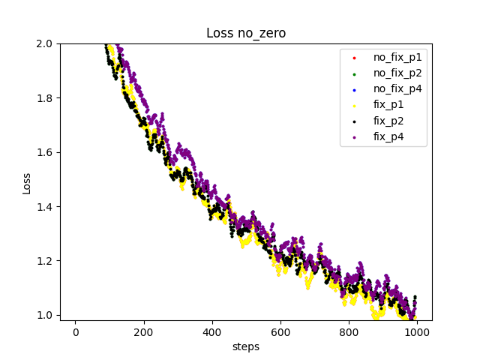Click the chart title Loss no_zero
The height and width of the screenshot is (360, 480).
pyautogui.click(x=246, y=33)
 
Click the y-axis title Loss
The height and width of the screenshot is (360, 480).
pyautogui.click(x=27, y=182)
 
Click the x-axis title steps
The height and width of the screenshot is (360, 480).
pyautogui.click(x=246, y=346)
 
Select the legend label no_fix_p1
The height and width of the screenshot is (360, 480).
pyautogui.click(x=397, y=57)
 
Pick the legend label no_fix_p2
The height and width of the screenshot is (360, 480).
pyautogui.click(x=397, y=73)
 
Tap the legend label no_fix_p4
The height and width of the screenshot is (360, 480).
pyautogui.click(x=397, y=88)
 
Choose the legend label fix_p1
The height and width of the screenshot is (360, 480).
pyautogui.click(x=388, y=105)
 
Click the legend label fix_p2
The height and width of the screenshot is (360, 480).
pyautogui.click(x=388, y=121)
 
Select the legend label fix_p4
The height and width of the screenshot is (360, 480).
pyautogui.click(x=388, y=136)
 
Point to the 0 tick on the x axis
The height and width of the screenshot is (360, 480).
pyautogui.click(x=75, y=332)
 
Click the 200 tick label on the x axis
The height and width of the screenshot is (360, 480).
pyautogui.click(x=143, y=332)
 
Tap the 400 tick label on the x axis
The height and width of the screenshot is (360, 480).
pyautogui.click(x=212, y=332)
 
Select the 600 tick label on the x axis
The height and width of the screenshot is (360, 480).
pyautogui.click(x=280, y=332)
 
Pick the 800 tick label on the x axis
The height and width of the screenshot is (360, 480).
pyautogui.click(x=349, y=332)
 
